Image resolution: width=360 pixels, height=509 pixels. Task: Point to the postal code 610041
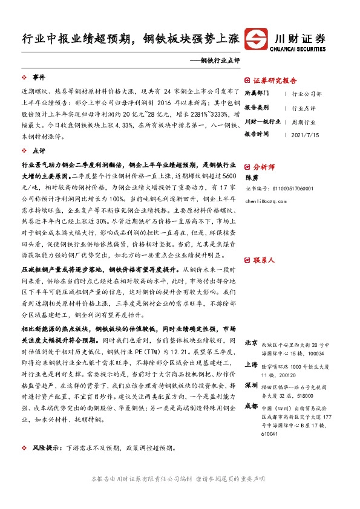[x=270, y=433]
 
